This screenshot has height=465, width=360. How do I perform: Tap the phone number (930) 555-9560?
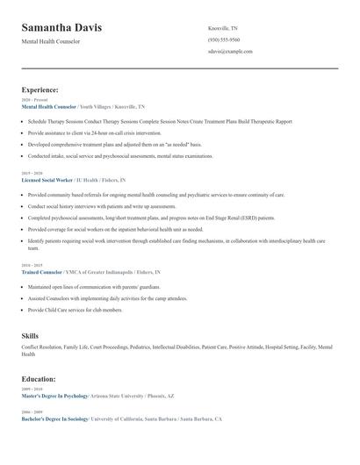coord(224,39)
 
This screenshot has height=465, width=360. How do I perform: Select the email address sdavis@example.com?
coord(230,52)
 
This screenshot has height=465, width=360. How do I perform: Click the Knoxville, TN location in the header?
coord(223,28)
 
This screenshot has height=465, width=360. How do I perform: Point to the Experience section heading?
coord(40,89)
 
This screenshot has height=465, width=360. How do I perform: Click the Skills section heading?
coord(30,336)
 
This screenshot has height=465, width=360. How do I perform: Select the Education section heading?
coord(39,379)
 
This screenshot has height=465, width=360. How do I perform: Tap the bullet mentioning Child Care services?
coord(75,310)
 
